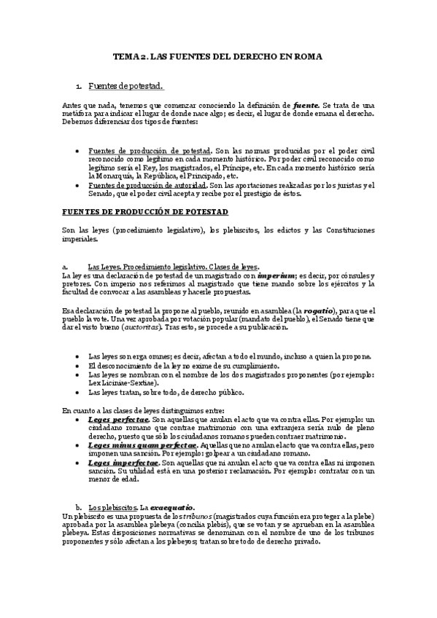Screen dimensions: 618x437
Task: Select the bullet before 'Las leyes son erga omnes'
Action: coord(78,356)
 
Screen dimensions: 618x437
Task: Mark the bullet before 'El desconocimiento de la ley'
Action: coord(78,365)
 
